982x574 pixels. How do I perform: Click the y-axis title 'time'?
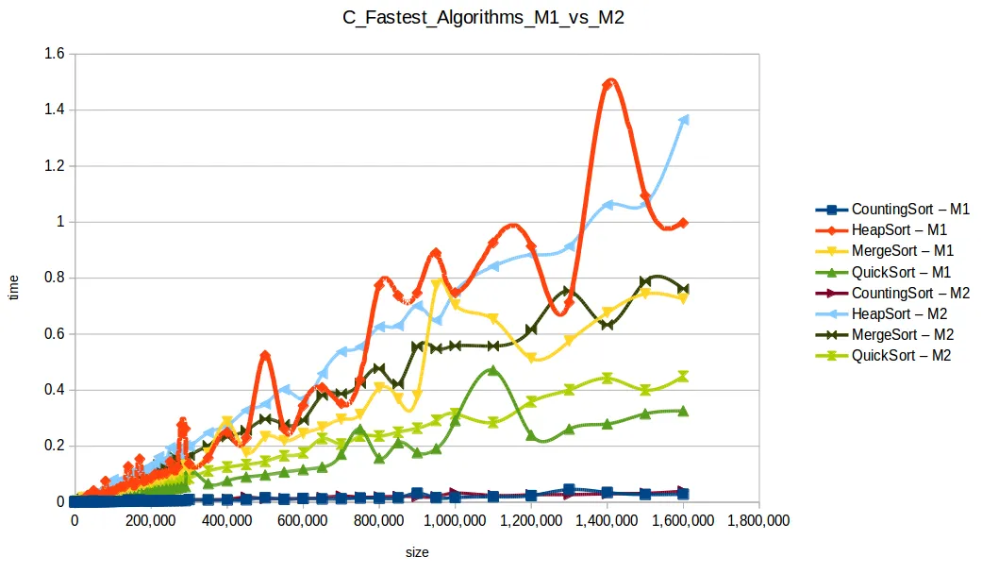point(13,287)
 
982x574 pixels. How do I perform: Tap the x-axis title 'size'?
point(416,552)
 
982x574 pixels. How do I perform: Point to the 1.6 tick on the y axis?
point(54,54)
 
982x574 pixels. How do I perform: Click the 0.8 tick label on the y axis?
point(54,278)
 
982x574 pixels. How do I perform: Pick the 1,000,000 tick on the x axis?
point(455,520)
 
